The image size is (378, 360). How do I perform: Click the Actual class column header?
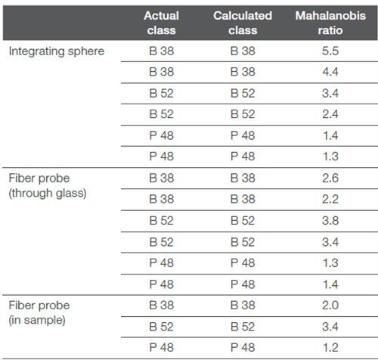pos(161,23)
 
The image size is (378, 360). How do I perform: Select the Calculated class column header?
pos(243,23)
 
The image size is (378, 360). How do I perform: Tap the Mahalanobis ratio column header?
pos(330,23)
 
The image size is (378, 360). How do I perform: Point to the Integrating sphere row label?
pos(57,51)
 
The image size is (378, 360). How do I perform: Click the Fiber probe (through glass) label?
pos(48,186)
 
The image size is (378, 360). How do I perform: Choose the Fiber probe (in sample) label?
pos(39,313)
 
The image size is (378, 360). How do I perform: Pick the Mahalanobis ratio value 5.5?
pos(330,51)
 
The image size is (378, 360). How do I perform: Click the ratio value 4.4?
pos(330,72)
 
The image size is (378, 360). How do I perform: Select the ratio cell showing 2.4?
pos(330,114)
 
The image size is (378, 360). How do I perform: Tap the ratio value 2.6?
pos(330,178)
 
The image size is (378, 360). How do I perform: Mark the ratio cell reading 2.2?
pos(330,199)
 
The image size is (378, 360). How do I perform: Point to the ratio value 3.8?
pos(330,221)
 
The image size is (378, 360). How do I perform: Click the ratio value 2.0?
pos(330,306)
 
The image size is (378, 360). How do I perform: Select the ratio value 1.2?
pos(330,348)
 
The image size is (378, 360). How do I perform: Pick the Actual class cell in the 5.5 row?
pos(161,51)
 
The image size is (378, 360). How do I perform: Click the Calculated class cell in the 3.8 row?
pos(243,221)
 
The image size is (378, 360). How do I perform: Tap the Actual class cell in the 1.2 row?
pos(161,348)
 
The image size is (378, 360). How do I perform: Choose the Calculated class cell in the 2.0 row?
pos(243,306)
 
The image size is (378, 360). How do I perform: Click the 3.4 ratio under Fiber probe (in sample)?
pos(330,327)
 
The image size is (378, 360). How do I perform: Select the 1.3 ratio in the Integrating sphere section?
pos(330,157)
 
